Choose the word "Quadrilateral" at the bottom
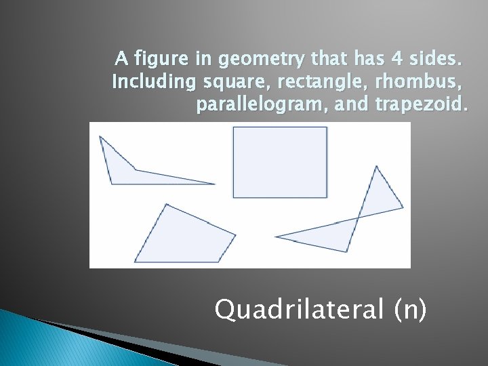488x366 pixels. [300, 310]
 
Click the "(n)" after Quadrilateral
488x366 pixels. [410, 310]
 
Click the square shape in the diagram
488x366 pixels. [280, 162]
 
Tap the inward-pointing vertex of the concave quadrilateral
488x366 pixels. [135, 170]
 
